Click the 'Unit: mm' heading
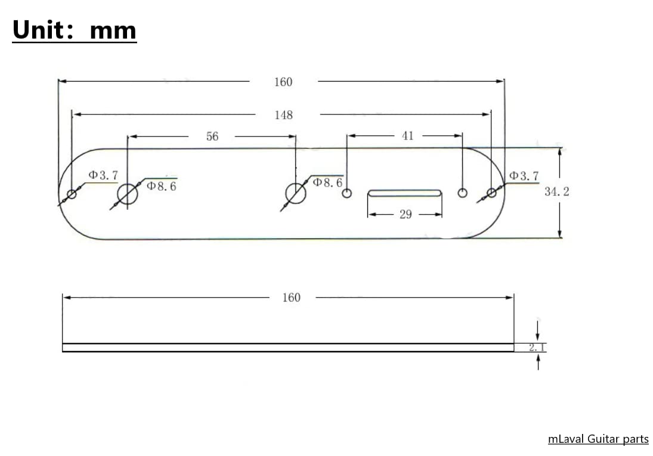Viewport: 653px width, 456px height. click(x=74, y=30)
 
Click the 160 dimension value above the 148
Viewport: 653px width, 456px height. click(x=283, y=82)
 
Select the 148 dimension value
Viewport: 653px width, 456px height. click(x=284, y=115)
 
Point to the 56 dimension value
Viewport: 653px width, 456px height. click(x=212, y=137)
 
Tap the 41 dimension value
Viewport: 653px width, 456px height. click(x=407, y=136)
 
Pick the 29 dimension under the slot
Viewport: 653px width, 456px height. click(x=406, y=215)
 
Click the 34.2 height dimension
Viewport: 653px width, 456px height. click(x=556, y=192)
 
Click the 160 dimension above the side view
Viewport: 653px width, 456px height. click(x=291, y=297)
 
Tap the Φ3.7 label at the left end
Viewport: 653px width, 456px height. click(x=103, y=175)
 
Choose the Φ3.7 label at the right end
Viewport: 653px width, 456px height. click(x=524, y=176)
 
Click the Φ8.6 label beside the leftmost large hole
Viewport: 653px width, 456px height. click(x=161, y=186)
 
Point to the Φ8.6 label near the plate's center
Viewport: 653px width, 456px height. click(x=327, y=182)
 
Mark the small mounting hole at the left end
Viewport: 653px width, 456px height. click(x=72, y=194)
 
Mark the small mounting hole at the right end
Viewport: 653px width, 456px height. click(x=491, y=193)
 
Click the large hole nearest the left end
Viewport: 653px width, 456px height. click(x=128, y=194)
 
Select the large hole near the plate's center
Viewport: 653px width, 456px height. click(x=295, y=193)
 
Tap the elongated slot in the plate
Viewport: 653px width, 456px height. click(x=405, y=193)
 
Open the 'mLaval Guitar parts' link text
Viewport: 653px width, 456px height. click(x=598, y=439)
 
